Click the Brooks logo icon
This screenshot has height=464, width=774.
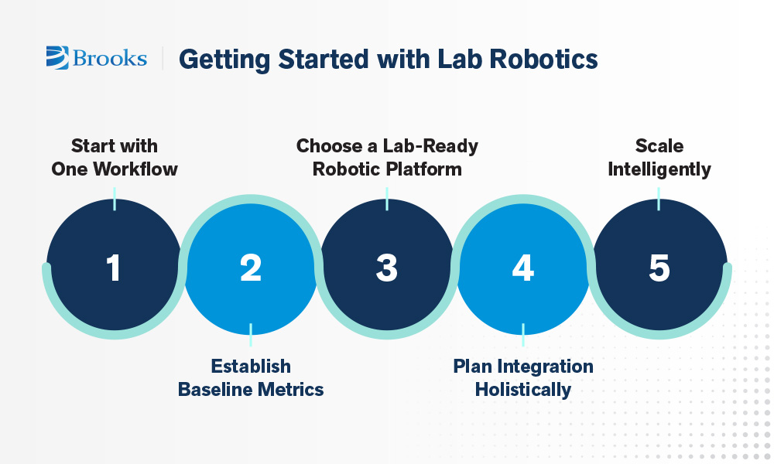57,58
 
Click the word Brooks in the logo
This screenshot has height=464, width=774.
110,58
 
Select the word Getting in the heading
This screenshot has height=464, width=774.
224,60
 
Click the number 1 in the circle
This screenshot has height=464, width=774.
114,268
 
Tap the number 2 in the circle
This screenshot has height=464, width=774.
251,268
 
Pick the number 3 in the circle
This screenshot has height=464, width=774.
386,268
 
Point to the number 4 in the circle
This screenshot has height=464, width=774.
522,268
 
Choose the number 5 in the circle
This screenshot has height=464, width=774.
659,268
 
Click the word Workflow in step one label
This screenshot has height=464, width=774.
135,169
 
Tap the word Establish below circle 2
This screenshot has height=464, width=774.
251,367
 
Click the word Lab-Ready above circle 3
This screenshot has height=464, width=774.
430,146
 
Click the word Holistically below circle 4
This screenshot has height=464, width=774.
523,390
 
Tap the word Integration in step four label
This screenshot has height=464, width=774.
545,367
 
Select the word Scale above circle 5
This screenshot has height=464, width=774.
659,146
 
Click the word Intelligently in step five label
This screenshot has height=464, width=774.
659,169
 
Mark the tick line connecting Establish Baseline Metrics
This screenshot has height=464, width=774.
251,335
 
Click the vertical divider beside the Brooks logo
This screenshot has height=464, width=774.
163,58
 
